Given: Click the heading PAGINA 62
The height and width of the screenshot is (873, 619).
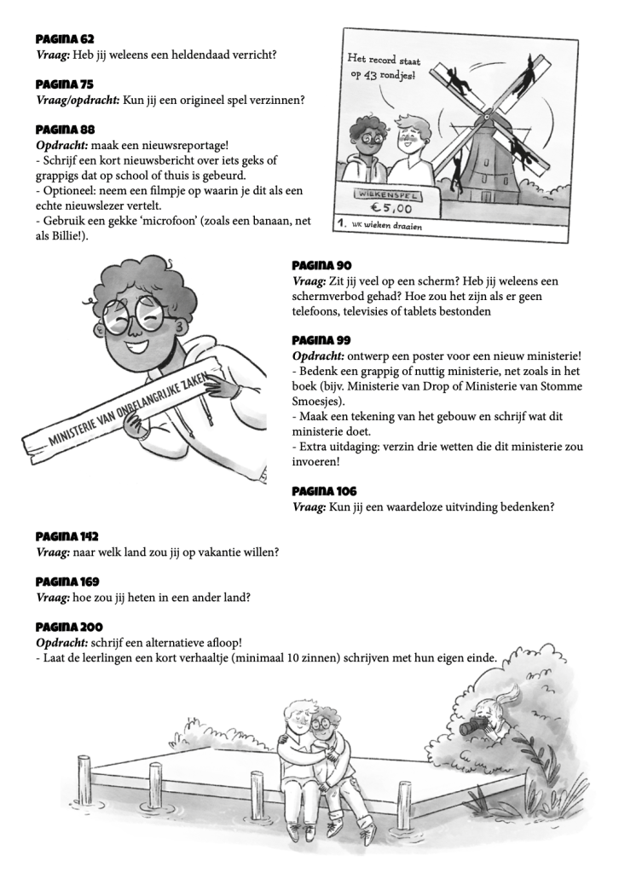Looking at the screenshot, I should click(x=65, y=39).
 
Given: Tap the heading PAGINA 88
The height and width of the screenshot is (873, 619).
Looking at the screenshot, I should click(x=65, y=130).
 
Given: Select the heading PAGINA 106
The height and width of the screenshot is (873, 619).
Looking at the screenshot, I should click(x=324, y=492).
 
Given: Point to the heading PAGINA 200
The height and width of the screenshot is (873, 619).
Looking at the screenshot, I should click(x=68, y=627).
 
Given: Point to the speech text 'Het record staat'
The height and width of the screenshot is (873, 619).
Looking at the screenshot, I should click(x=385, y=60).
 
